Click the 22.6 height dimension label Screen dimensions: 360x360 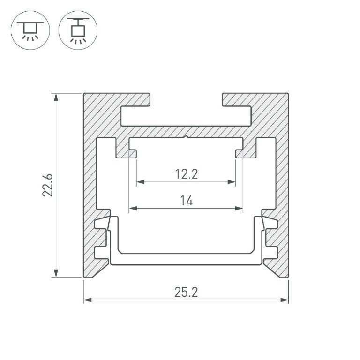click(48, 185)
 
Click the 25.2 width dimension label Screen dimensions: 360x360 click(186, 292)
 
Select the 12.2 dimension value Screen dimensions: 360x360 click(186, 174)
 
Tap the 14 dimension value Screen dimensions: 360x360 click(187, 201)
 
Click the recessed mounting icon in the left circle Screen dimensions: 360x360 click(30, 30)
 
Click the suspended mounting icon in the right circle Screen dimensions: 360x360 click(78, 30)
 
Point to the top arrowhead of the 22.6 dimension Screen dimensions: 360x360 click(56, 97)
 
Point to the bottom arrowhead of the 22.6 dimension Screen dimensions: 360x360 click(56, 273)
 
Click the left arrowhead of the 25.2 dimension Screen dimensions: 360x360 click(88, 300)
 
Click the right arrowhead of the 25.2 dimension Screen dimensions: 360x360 click(284, 300)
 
